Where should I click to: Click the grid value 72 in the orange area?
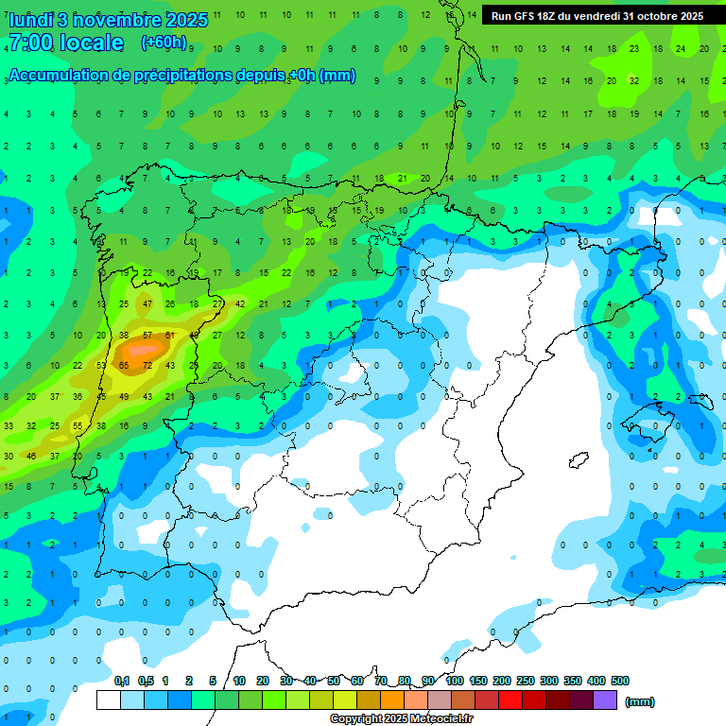click(147, 365)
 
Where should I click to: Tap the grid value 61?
click(170, 335)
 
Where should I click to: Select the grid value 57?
click(147, 335)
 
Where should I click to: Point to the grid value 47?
click(147, 303)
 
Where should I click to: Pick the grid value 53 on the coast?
click(101, 365)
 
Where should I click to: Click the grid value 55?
click(78, 426)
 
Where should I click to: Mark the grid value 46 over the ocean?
click(31, 457)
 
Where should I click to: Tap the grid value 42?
click(240, 303)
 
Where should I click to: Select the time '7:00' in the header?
click(30, 43)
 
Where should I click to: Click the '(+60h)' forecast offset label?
click(164, 43)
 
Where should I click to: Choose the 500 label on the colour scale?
click(620, 681)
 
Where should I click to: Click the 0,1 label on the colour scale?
click(122, 681)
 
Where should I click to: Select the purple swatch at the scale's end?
click(605, 700)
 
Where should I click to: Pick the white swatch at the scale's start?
click(109, 700)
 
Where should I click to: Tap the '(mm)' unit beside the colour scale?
click(640, 701)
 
